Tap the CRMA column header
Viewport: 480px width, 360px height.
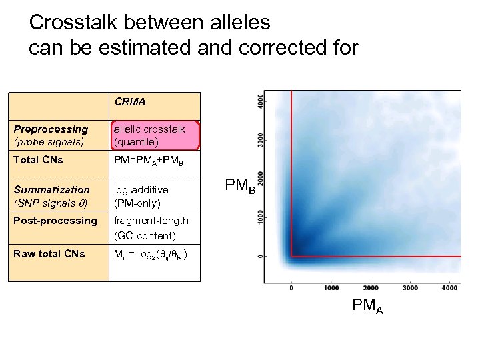click(130, 103)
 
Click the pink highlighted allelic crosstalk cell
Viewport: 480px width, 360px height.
click(155, 135)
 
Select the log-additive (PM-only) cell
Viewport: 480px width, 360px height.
click(141, 196)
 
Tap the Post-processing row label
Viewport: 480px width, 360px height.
click(55, 221)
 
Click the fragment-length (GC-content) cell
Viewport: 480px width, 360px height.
click(151, 227)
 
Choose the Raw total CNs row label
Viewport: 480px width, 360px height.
click(49, 253)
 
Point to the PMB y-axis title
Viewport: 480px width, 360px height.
click(238, 185)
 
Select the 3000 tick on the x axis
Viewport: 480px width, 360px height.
click(409, 288)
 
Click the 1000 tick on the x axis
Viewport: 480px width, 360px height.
click(331, 288)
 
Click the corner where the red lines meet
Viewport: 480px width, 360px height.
click(291, 256)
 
